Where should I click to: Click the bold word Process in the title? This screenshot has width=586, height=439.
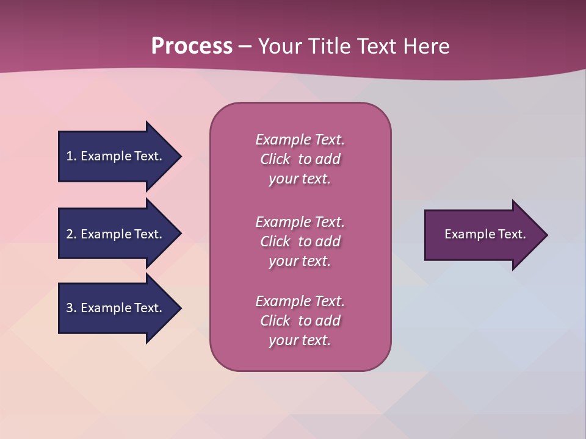coord(192,46)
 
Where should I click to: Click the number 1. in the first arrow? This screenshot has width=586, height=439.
coord(71,156)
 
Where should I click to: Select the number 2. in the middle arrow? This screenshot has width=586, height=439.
coord(71,234)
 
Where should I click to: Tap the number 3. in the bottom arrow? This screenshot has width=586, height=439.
coord(71,308)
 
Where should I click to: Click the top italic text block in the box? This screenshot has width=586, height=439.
coord(300,159)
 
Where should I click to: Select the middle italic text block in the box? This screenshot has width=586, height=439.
coord(300,241)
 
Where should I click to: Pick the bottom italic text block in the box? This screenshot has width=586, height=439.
coord(300,321)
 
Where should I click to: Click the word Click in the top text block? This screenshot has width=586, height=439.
coord(275,159)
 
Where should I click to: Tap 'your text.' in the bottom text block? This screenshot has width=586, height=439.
coord(300,340)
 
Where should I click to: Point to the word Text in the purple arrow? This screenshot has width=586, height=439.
coord(512,234)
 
